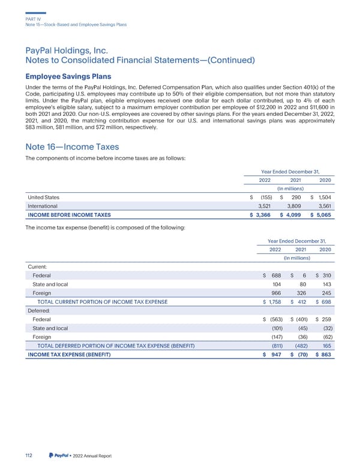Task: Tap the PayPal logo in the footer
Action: pyautogui.click(x=60, y=455)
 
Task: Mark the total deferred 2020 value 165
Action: pyautogui.click(x=329, y=346)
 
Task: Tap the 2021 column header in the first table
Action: pyautogui.click(x=296, y=179)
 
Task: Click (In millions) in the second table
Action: pyautogui.click(x=296, y=258)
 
